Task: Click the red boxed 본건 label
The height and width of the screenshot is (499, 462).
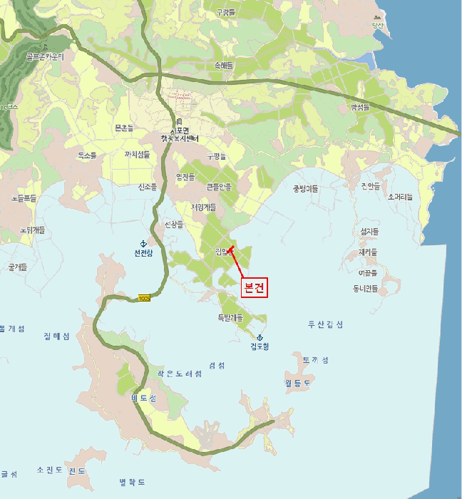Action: (255, 288)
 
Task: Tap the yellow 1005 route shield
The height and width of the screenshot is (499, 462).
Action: (145, 297)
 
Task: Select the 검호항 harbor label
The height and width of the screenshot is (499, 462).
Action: (260, 347)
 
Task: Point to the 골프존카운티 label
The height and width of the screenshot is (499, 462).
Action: (45, 56)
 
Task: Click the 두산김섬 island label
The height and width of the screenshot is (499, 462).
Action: (325, 324)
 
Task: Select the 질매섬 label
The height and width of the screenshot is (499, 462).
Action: (56, 336)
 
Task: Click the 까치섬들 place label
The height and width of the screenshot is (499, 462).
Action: (138, 154)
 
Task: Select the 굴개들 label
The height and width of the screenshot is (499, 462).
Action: (17, 267)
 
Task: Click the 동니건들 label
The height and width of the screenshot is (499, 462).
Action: (364, 289)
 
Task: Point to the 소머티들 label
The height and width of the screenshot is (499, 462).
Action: (400, 196)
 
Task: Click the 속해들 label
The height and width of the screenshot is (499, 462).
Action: (224, 65)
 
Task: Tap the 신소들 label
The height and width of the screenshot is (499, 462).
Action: (147, 187)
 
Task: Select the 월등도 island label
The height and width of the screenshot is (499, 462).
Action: (298, 381)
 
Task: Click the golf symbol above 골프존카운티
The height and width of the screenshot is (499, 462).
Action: (45, 46)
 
